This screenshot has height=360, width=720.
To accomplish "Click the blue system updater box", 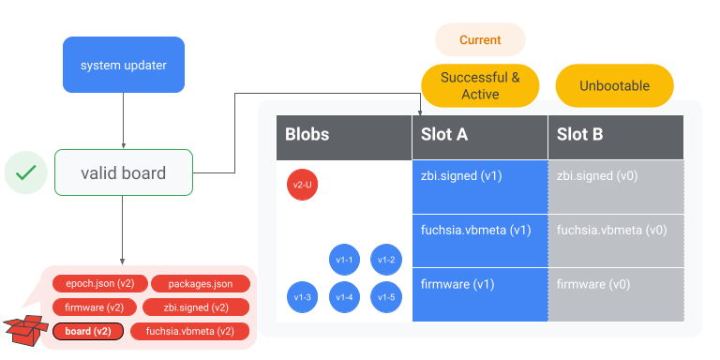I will tap(124, 66).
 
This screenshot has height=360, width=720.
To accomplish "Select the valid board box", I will tap(124, 172).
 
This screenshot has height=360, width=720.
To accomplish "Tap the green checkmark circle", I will tap(26, 172).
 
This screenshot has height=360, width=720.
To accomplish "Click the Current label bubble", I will tap(480, 40).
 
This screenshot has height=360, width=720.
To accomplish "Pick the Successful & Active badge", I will tap(480, 85).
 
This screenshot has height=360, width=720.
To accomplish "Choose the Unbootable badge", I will tap(614, 86).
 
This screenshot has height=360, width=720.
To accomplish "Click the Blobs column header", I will tap(343, 135).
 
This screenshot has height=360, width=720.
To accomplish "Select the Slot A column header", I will tap(480, 135).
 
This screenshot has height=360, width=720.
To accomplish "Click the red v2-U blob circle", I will tap(303, 186).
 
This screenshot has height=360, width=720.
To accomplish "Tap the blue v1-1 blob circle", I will tap(345, 260).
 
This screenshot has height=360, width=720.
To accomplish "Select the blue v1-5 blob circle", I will tap(386, 297).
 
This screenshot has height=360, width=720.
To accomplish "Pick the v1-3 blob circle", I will tap(303, 297).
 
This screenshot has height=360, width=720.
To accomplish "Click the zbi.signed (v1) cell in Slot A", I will tap(480, 187).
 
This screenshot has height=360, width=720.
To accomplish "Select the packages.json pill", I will tap(199, 283).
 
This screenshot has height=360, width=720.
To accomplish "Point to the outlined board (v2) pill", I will tap(88, 331).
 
